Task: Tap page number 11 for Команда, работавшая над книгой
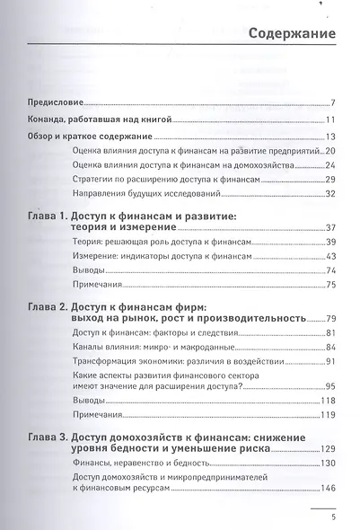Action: tap(330, 120)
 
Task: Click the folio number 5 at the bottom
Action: tap(334, 517)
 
